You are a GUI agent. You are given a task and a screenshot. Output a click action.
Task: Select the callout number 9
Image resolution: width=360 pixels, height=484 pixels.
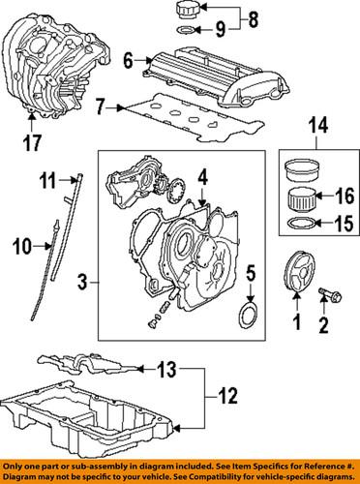click(220, 28)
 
